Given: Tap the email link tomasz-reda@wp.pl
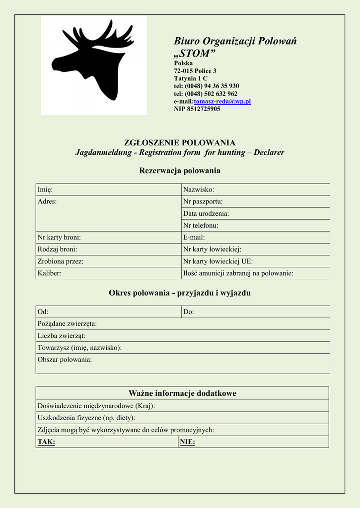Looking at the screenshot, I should pyautogui.click(x=222, y=102).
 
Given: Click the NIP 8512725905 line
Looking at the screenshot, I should pyautogui.click(x=197, y=109).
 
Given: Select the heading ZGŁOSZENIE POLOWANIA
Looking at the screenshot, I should pyautogui.click(x=179, y=143).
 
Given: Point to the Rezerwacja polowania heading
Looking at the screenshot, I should pyautogui.click(x=179, y=171).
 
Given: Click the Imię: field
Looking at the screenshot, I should pyautogui.click(x=108, y=190).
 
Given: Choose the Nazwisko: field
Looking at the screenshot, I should pyautogui.click(x=255, y=190).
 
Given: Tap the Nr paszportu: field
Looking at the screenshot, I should pyautogui.click(x=255, y=201).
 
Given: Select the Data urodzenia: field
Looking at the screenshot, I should pyautogui.click(x=255, y=213).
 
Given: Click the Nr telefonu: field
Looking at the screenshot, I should pyautogui.click(x=255, y=225).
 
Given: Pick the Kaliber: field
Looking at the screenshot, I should pyautogui.click(x=108, y=273).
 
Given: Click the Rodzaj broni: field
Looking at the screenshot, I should pyautogui.click(x=108, y=250).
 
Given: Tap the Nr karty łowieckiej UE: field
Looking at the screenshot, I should pyautogui.click(x=255, y=261).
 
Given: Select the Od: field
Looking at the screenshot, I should pyautogui.click(x=108, y=312).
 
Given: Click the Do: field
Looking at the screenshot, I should pyautogui.click(x=255, y=312).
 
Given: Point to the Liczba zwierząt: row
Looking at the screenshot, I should pyautogui.click(x=183, y=336).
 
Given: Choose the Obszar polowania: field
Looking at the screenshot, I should pyautogui.click(x=183, y=364).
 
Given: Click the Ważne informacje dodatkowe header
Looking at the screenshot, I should pyautogui.click(x=182, y=393).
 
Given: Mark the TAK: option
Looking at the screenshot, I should pyautogui.click(x=107, y=442).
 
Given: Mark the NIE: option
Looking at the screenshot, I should pyautogui.click(x=253, y=442).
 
